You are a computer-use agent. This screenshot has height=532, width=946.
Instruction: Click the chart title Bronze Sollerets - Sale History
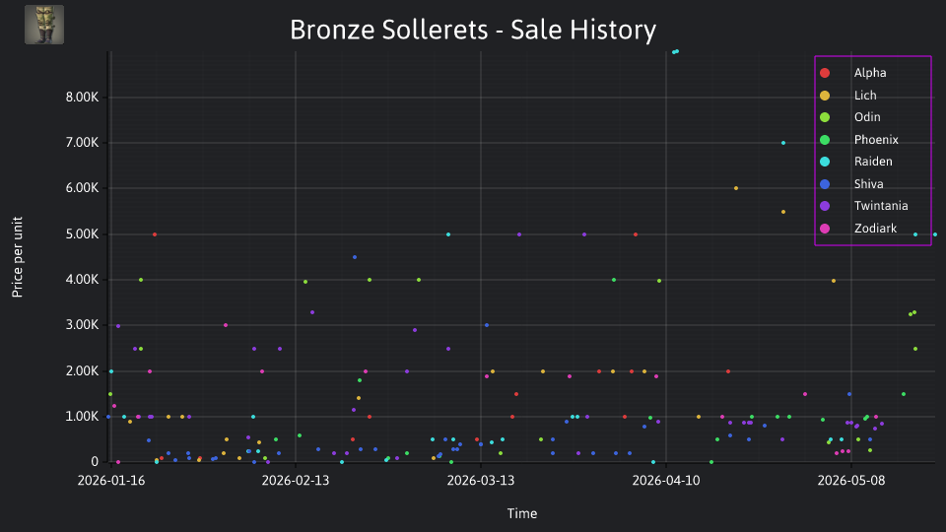coord(473,30)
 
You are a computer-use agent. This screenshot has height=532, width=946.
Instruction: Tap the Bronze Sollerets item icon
coord(44,25)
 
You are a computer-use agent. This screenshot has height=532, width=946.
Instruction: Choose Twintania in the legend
coord(864,206)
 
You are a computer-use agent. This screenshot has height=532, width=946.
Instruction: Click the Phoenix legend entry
coord(859,139)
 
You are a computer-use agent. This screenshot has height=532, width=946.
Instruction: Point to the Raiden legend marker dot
coord(825,162)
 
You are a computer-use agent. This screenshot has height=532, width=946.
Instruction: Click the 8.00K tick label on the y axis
coord(82,98)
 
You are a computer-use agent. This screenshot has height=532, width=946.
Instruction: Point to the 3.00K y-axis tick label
coord(82,324)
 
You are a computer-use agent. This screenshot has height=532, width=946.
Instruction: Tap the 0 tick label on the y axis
coord(95,461)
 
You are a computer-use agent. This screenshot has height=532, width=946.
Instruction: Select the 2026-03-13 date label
coord(481,480)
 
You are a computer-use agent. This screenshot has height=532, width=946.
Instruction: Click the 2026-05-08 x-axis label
coord(851,480)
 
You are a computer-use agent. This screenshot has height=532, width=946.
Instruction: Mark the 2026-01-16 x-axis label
coord(111,480)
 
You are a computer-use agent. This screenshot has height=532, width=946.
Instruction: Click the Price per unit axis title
coord(17,257)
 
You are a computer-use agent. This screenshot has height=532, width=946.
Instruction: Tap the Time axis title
coord(522,513)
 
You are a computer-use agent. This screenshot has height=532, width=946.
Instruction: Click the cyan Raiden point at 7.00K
coord(783,143)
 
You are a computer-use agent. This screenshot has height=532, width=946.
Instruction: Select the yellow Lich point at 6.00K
coord(735,188)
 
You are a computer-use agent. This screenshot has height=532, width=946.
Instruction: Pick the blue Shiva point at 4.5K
coord(355,257)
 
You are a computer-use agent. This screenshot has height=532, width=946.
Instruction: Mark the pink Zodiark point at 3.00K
coord(226,325)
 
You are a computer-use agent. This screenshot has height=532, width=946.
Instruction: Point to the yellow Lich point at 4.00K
coord(834,281)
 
